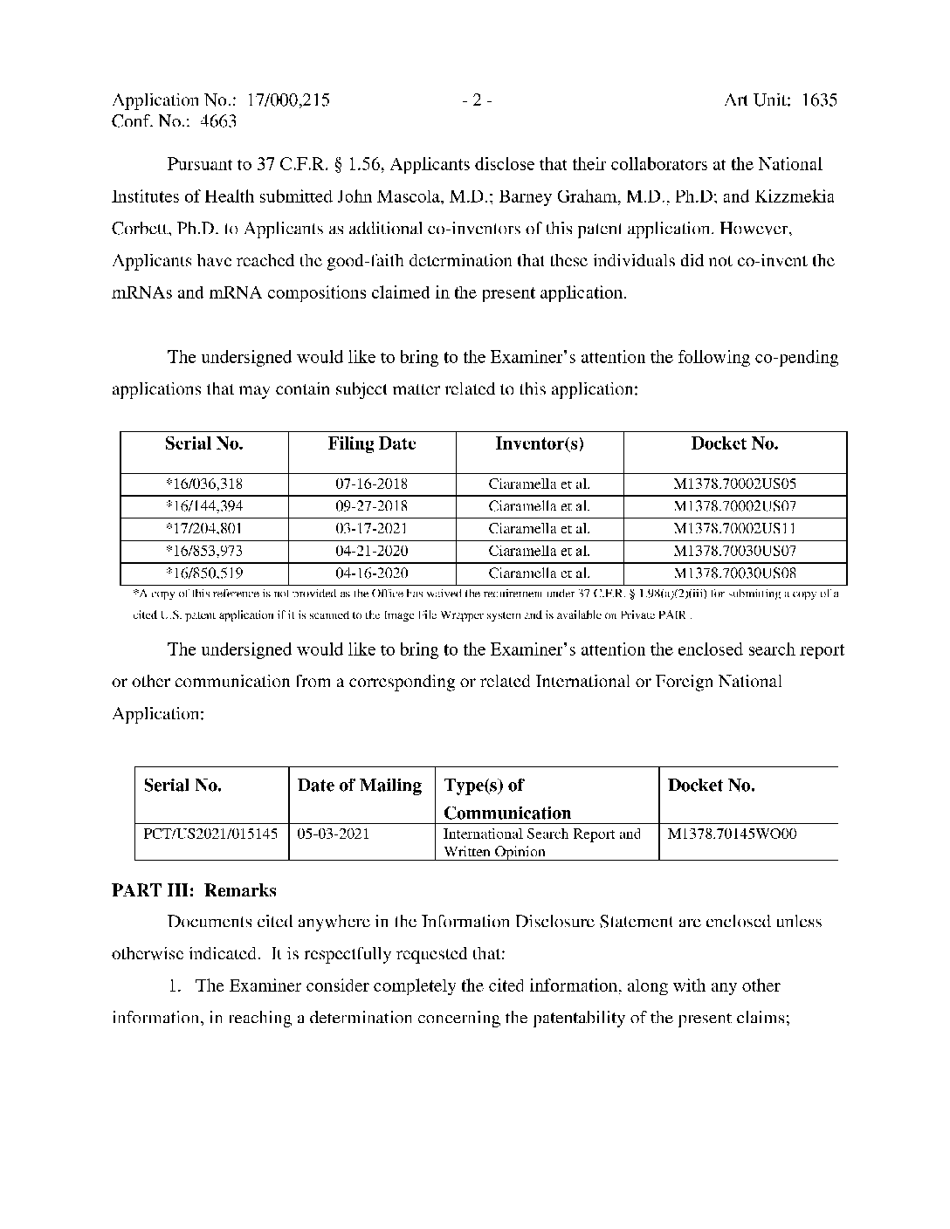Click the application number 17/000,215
(x=288, y=100)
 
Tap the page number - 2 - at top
(x=478, y=100)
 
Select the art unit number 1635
(x=819, y=100)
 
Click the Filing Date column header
(x=372, y=443)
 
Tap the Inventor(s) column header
(x=540, y=443)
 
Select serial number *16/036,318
(x=203, y=484)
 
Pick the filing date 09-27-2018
(x=372, y=506)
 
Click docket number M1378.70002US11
(x=735, y=529)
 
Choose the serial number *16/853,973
(x=203, y=552)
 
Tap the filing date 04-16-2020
(x=372, y=574)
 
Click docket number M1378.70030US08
(x=735, y=574)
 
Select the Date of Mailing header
(x=360, y=786)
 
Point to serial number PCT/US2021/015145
(x=210, y=834)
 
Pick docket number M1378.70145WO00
(x=733, y=834)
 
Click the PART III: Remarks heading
(x=194, y=891)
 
